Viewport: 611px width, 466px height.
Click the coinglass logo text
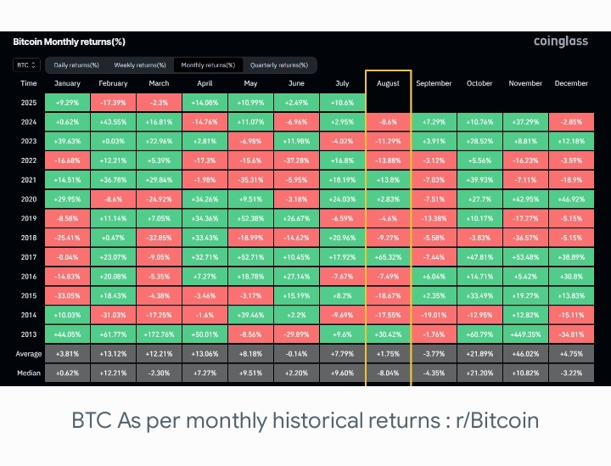(x=563, y=42)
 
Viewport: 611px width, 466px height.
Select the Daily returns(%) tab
(x=76, y=65)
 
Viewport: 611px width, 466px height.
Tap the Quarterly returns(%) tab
(x=278, y=65)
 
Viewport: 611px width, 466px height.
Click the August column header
(x=388, y=83)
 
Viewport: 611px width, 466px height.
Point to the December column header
(x=571, y=83)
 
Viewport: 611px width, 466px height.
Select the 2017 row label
(x=29, y=255)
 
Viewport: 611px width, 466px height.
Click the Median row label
(x=29, y=373)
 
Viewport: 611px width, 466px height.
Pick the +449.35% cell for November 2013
(x=525, y=334)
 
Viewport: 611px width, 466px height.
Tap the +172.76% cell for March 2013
(x=159, y=334)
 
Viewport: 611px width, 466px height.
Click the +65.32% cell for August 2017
(x=388, y=255)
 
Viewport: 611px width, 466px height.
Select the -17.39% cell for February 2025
(x=113, y=103)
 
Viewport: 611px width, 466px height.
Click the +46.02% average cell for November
(x=525, y=353)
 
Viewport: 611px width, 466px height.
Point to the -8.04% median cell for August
(x=388, y=373)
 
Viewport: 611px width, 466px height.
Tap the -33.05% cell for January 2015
(x=67, y=295)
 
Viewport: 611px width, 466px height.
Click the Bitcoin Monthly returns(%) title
(x=70, y=42)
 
